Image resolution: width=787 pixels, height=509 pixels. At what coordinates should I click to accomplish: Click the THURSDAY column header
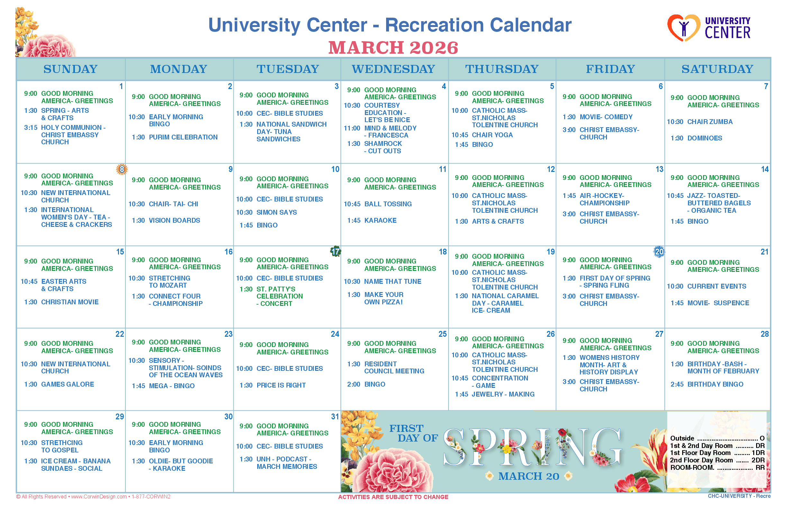tap(502, 69)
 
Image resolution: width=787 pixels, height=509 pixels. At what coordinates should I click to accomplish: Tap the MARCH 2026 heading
tap(393, 48)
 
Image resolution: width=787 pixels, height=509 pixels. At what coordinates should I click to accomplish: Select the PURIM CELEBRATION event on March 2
tap(183, 137)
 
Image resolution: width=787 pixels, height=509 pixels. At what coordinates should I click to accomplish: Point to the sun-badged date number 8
tap(122, 170)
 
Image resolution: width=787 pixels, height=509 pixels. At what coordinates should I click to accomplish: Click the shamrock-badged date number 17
tap(336, 252)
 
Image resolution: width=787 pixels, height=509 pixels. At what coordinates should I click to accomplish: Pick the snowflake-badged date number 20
tap(659, 252)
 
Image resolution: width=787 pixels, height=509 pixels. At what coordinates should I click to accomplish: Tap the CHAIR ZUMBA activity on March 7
tap(710, 122)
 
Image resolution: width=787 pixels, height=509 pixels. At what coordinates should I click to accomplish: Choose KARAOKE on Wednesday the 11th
tap(380, 220)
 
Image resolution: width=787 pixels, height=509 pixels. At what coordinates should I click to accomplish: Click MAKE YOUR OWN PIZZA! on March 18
tap(384, 298)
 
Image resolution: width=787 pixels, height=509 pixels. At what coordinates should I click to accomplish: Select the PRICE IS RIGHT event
tap(281, 385)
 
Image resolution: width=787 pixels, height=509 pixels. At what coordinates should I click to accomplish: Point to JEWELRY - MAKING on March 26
tap(503, 394)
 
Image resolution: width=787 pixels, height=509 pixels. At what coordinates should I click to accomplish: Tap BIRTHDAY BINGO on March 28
tap(715, 384)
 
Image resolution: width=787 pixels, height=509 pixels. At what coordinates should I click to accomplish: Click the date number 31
tap(335, 417)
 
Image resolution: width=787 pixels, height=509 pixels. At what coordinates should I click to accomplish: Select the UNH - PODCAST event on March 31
tap(287, 463)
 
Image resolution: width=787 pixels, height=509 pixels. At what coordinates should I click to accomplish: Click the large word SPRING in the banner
tap(532, 448)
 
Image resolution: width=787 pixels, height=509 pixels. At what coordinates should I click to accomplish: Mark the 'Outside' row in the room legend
tap(717, 438)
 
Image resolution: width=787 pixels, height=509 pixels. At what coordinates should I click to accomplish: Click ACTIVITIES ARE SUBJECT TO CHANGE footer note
tap(393, 497)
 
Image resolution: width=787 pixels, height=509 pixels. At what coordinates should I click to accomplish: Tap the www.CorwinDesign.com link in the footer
tap(99, 497)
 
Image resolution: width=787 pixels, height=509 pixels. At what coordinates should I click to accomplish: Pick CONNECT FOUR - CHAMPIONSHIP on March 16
tap(176, 300)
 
